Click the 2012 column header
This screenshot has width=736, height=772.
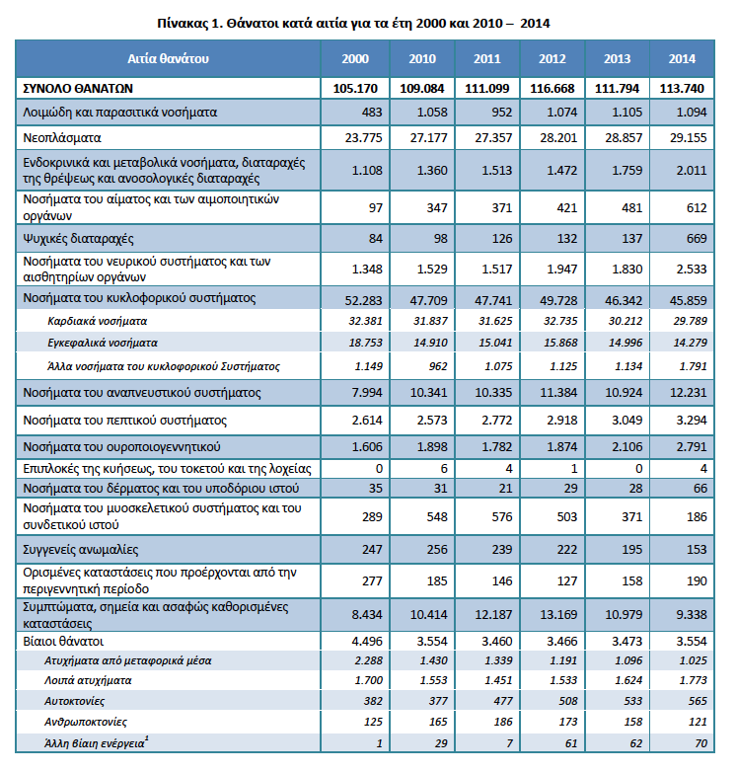click(x=552, y=59)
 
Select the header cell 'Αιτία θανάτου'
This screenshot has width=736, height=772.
click(x=169, y=59)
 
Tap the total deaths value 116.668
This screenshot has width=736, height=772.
click(x=552, y=89)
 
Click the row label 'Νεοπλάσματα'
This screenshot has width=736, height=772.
click(x=62, y=138)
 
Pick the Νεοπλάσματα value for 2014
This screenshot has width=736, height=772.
click(x=688, y=138)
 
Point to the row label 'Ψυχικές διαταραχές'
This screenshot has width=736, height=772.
click(x=78, y=239)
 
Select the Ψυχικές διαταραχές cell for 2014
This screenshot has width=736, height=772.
click(x=697, y=239)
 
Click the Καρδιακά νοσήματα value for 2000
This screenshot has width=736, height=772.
click(x=365, y=321)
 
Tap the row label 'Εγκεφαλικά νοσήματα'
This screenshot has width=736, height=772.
click(x=103, y=343)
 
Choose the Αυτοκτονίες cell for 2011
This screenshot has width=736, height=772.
click(x=503, y=701)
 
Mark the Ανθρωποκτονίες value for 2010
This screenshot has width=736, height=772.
click(x=438, y=722)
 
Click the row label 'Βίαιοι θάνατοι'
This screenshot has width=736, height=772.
click(x=63, y=641)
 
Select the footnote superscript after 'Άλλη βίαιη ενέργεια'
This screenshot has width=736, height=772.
click(x=147, y=738)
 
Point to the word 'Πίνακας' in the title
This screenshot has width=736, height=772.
click(x=184, y=24)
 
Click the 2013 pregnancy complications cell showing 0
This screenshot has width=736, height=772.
click(x=638, y=469)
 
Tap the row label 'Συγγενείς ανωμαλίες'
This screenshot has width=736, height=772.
click(x=81, y=550)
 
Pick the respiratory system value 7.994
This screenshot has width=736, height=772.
click(x=367, y=393)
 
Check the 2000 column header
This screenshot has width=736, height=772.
click(x=355, y=59)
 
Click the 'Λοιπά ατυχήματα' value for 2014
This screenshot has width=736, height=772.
click(x=693, y=680)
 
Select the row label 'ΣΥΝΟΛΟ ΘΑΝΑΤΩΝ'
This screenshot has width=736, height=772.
click(x=78, y=89)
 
